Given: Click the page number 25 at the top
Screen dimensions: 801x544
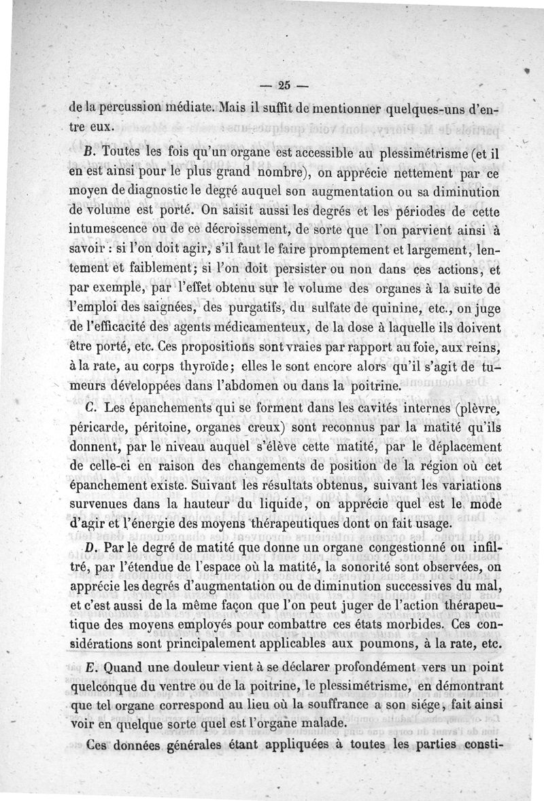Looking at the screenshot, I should coord(284,86).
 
